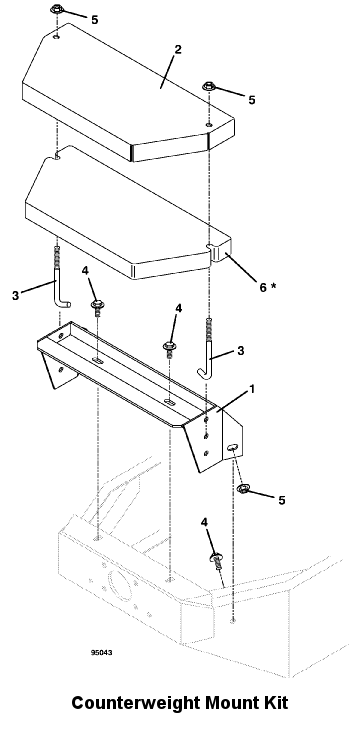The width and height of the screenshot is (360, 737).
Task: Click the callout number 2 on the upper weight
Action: point(177,49)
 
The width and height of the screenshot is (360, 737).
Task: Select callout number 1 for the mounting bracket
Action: point(252,389)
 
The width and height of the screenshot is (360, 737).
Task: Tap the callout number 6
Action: point(263,287)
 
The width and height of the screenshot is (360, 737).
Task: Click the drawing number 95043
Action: point(102,652)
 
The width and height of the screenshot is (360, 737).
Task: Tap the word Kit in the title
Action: point(274,704)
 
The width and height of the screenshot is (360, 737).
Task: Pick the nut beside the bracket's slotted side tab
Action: point(243,489)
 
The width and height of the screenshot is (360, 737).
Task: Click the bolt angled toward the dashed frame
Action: point(216,560)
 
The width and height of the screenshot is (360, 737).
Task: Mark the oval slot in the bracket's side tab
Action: point(232,448)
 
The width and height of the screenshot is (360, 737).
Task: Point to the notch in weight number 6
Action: point(211,249)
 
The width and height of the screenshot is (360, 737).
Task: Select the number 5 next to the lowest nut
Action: point(282,500)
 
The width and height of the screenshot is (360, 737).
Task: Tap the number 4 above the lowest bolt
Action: point(204,522)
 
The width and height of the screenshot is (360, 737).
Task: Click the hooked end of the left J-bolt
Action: point(64,304)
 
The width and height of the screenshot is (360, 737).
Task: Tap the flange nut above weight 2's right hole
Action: point(209,86)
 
